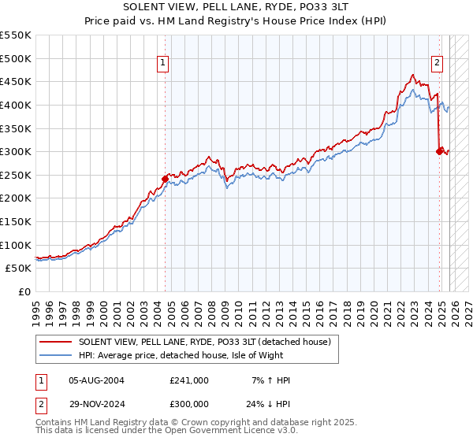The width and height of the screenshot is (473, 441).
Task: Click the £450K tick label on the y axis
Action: click(x=16, y=81)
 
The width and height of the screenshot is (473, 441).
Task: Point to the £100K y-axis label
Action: click(x=16, y=245)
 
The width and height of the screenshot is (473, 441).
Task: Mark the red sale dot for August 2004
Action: click(x=165, y=179)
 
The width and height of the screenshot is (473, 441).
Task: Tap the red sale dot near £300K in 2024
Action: click(x=439, y=151)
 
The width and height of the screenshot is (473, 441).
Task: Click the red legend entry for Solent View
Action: click(x=209, y=342)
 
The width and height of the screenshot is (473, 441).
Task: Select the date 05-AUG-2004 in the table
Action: click(x=96, y=380)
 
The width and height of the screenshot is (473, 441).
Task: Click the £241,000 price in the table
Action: click(x=189, y=380)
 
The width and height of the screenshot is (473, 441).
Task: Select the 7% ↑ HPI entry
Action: click(x=270, y=380)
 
